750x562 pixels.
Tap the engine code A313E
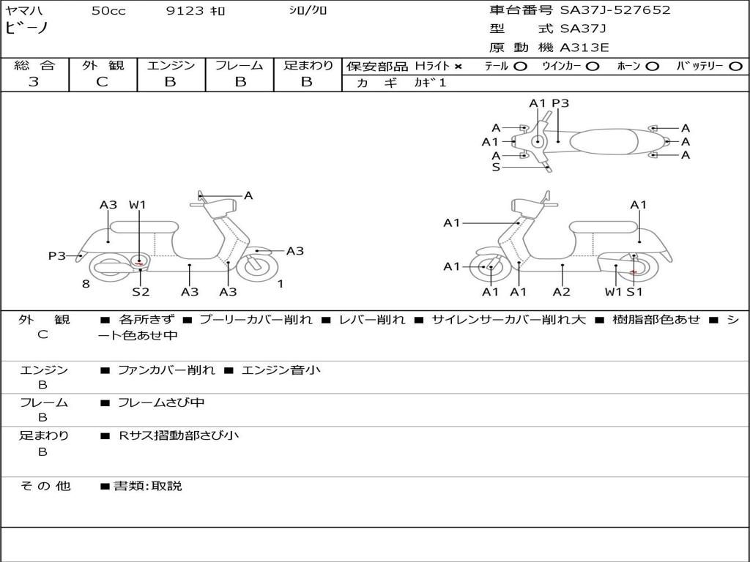tap(584, 48)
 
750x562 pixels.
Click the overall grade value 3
tap(34, 82)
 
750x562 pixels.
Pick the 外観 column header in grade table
tap(103, 65)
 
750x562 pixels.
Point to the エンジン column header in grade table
tap(171, 65)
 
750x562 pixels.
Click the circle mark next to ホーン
tap(653, 66)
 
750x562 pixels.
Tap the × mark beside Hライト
tap(458, 67)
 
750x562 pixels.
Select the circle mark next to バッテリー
tap(736, 66)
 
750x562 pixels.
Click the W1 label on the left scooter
tap(138, 205)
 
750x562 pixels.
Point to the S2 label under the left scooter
tap(141, 292)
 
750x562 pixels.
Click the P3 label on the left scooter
tap(57, 255)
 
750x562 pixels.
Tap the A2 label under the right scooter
tap(562, 292)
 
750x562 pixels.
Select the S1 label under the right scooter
tap(634, 292)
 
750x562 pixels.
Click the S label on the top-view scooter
tap(497, 167)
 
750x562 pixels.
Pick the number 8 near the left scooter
tap(86, 284)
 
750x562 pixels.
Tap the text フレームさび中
tap(161, 402)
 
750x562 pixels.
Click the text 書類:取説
tap(147, 486)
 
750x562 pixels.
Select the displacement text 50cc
tap(108, 11)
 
